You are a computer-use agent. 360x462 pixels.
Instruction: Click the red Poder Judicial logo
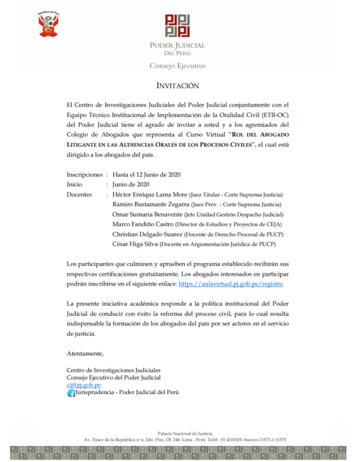(x=177, y=26)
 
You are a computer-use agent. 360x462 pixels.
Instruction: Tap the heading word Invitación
(x=177, y=85)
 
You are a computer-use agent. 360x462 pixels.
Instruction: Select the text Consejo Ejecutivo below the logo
(x=177, y=66)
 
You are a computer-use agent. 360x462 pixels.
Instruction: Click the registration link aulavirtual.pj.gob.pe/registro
(x=231, y=284)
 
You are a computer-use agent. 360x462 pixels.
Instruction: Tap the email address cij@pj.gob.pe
(x=83, y=385)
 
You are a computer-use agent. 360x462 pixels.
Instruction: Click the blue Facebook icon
(x=71, y=393)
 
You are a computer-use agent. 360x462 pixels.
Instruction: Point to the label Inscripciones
(x=84, y=175)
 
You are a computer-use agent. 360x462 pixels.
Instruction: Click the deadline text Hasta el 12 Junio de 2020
(x=147, y=175)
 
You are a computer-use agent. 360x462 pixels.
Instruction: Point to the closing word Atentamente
(x=85, y=353)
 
